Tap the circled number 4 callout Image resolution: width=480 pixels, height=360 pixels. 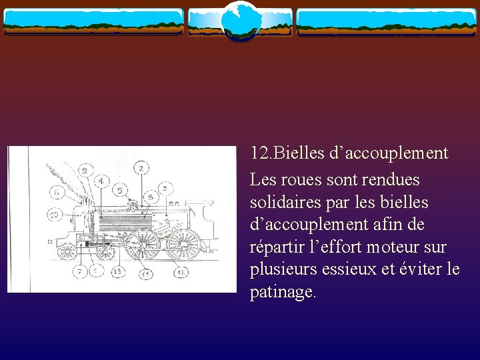click(x=101, y=181)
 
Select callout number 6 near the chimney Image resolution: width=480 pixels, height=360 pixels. click(x=57, y=192)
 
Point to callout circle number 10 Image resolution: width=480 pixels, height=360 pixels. click(x=55, y=215)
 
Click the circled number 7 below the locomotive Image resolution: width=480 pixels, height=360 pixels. click(x=79, y=271)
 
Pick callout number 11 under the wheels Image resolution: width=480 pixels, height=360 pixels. click(x=144, y=273)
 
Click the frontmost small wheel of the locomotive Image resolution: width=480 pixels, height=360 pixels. click(x=67, y=251)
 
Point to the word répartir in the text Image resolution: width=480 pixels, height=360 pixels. click(x=277, y=247)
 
